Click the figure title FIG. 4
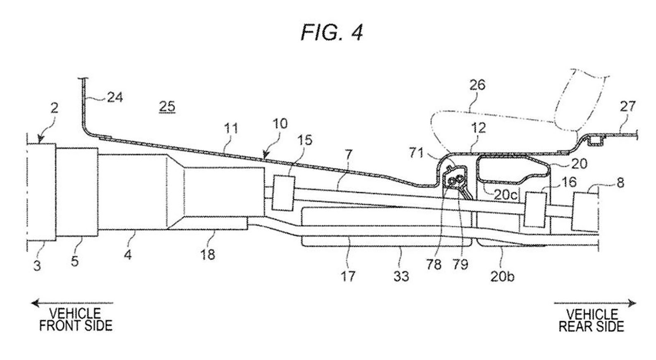tap(332, 32)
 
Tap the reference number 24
tap(115, 97)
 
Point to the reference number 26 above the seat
tap(477, 85)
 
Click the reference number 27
tap(627, 106)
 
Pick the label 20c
tap(506, 195)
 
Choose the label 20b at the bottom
tap(502, 276)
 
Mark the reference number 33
tap(401, 276)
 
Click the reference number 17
tap(348, 276)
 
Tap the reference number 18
tap(208, 254)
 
